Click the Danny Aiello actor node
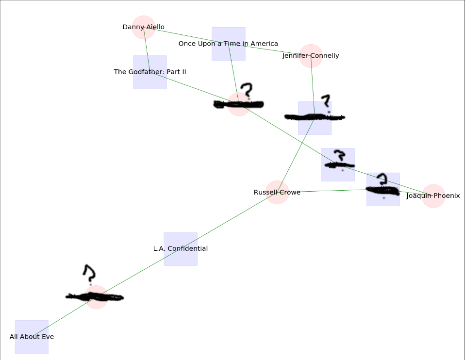(143, 27)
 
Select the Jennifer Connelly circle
(311, 56)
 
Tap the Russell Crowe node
(277, 192)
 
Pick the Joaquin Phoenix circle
(433, 196)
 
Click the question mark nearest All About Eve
(89, 274)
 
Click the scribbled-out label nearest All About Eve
(95, 297)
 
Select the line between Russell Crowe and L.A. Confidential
(228, 221)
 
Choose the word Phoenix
(446, 196)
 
